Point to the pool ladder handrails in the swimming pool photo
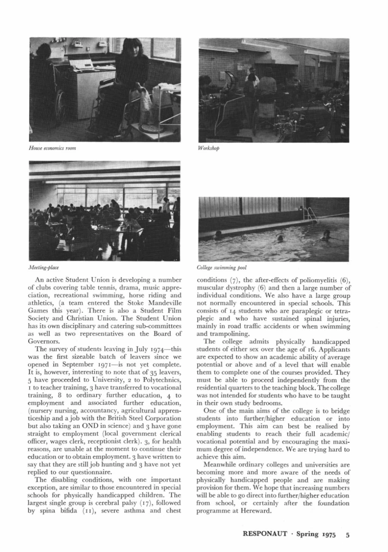point(309,213)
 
